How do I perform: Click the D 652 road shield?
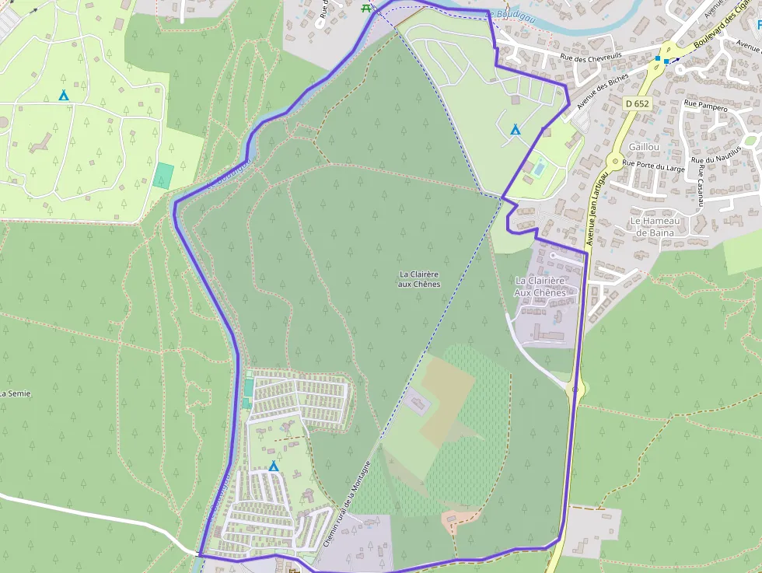click(x=637, y=103)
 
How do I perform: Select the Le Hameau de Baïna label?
click(x=658, y=226)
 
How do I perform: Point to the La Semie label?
click(x=15, y=393)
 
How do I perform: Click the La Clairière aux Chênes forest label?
click(x=419, y=279)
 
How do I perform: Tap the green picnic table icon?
click(x=366, y=8)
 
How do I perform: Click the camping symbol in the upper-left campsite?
click(x=64, y=96)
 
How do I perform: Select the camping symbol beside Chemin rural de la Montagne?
click(x=274, y=466)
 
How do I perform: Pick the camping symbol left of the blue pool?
click(x=515, y=130)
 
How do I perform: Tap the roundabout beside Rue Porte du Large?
click(x=614, y=162)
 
